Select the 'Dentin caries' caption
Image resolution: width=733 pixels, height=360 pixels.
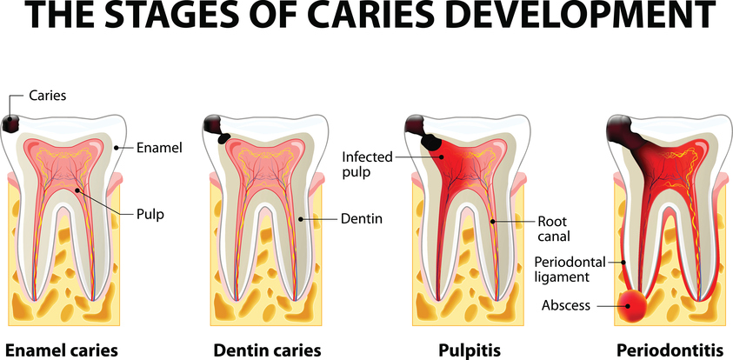pyautogui.click(x=268, y=350)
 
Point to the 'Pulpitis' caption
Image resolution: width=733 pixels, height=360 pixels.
pyautogui.click(x=470, y=350)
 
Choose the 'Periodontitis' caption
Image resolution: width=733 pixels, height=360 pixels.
pyautogui.click(x=670, y=350)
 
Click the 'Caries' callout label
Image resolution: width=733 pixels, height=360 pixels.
pyautogui.click(x=48, y=96)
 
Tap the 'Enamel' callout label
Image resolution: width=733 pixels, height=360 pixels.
pyautogui.click(x=159, y=148)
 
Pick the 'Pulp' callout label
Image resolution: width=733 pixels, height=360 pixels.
pyautogui.click(x=150, y=215)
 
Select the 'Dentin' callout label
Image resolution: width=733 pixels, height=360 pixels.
pyautogui.click(x=362, y=218)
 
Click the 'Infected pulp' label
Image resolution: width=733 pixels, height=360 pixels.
pyautogui.click(x=367, y=164)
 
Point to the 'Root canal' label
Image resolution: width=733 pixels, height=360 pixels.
pyautogui.click(x=554, y=228)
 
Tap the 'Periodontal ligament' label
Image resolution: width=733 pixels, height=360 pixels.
pyautogui.click(x=570, y=269)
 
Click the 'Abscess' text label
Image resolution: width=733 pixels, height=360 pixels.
pyautogui.click(x=566, y=306)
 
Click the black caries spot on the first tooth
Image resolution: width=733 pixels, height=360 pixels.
pyautogui.click(x=10, y=123)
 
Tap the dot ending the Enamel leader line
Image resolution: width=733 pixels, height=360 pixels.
pyautogui.click(x=116, y=148)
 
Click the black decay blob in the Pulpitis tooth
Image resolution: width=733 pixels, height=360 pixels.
pyautogui.click(x=431, y=141)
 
